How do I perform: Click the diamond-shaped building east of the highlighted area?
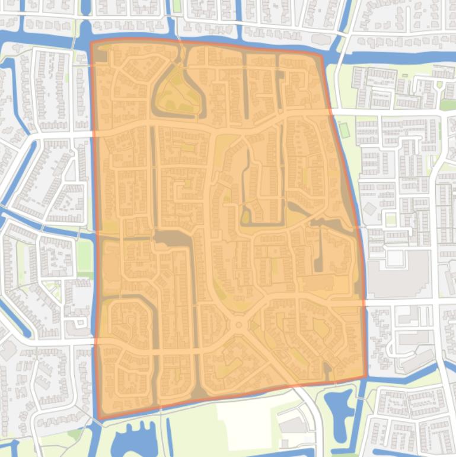pos(370,209)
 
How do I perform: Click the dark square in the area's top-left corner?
pos(101,56)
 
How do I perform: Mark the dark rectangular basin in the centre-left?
pos(172,239)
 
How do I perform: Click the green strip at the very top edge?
pos(176,6)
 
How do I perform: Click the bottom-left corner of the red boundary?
pos(98,420)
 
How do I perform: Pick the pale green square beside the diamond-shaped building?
pos(390,220)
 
